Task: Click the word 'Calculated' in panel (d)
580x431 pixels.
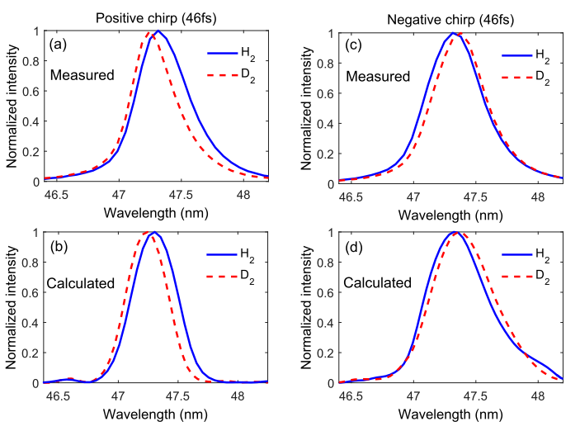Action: (x=380, y=283)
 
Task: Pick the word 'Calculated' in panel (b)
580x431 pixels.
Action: (x=82, y=283)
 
